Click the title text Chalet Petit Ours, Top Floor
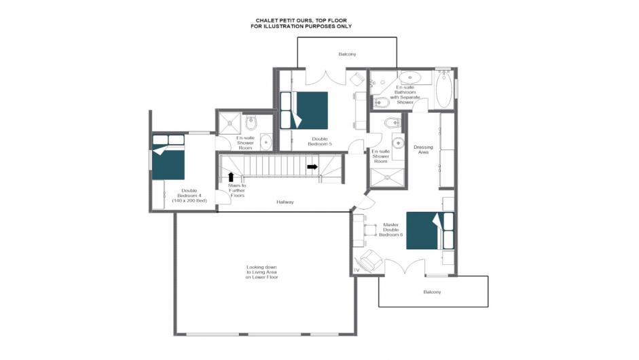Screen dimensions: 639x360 point(301,20)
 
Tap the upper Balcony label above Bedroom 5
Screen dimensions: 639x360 point(347,54)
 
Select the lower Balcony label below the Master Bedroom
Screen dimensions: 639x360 point(432,292)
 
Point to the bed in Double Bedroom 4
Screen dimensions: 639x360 point(168,158)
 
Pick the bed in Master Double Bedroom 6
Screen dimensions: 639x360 point(430,230)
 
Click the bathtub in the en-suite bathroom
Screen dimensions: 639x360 point(444,90)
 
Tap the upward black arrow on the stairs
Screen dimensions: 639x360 point(231,177)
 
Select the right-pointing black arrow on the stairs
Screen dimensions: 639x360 point(312,166)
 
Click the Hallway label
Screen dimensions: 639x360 point(285,202)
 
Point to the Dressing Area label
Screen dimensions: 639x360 point(424,149)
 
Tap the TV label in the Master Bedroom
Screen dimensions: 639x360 point(357,270)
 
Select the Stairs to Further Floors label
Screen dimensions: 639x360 point(237,190)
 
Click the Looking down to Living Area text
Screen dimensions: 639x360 point(261,272)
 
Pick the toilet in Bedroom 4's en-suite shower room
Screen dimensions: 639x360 point(251,122)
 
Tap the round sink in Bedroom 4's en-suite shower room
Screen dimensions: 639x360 point(266,142)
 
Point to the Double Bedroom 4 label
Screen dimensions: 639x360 point(189,196)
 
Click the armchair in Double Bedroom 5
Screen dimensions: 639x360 point(357,79)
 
